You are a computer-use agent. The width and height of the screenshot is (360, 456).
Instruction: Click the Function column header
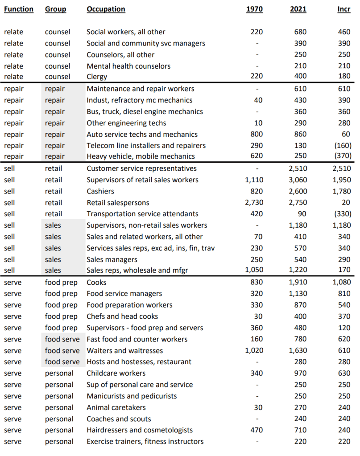[19, 9]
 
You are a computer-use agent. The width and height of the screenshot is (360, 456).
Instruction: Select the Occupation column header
[106, 9]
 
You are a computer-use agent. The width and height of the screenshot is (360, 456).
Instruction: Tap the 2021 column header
[298, 9]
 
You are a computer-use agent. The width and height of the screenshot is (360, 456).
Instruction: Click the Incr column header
[344, 9]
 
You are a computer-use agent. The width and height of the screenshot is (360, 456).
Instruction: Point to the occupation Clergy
[97, 77]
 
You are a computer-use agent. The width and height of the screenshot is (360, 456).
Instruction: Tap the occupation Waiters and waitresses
[124, 350]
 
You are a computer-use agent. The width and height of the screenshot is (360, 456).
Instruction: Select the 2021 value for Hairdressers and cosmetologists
[300, 430]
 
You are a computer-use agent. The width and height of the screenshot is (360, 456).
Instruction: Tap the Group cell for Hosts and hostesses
[62, 362]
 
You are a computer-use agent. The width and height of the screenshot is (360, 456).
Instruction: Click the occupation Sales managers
[112, 259]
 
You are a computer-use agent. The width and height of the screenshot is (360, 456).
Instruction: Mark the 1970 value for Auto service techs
[256, 134]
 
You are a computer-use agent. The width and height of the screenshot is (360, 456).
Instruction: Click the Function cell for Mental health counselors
[13, 66]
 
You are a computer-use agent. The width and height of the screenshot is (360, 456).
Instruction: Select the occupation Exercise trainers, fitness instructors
[145, 441]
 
